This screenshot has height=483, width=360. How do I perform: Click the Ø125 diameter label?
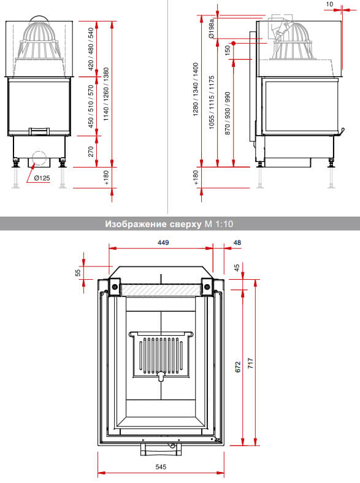pos(42,178)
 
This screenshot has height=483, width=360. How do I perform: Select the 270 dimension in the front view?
pos(91,152)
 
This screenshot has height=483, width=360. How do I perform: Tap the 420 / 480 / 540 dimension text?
pos(91,49)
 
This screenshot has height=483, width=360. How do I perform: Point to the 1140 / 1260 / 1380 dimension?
pos(106,94)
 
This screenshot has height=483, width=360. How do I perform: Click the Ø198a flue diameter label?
pos(212,28)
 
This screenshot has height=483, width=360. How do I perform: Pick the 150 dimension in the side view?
pos(228,50)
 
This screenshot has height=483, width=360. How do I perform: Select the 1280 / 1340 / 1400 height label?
pos(196,90)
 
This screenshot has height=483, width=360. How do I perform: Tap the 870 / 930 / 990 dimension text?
pos(228,113)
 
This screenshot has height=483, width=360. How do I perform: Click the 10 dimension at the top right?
pos(329,4)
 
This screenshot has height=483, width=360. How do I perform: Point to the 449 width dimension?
pos(163,243)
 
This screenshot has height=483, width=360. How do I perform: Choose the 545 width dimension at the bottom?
pos(161,467)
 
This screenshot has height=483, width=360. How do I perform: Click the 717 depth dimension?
pos(251,363)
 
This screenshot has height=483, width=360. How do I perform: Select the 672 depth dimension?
pos(238,367)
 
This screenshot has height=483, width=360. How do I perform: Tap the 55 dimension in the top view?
pos(78,272)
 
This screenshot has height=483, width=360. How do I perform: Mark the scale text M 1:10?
pos(219,224)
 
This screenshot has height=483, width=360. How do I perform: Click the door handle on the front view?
pos(39,131)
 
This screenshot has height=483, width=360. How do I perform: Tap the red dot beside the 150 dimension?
pos(234,43)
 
